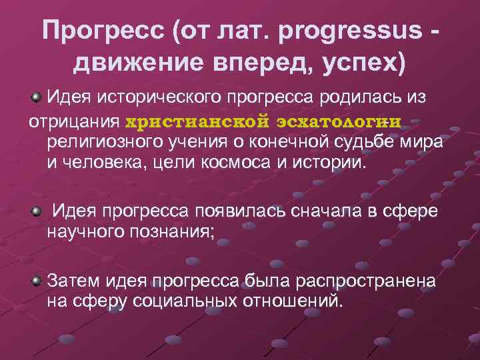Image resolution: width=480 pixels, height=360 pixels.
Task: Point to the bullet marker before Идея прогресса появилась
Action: pos(37,212)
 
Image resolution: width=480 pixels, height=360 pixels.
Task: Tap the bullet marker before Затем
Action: pos(37,277)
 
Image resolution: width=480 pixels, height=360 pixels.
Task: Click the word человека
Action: pos(106,163)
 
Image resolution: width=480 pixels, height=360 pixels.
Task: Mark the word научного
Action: pos(85,233)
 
